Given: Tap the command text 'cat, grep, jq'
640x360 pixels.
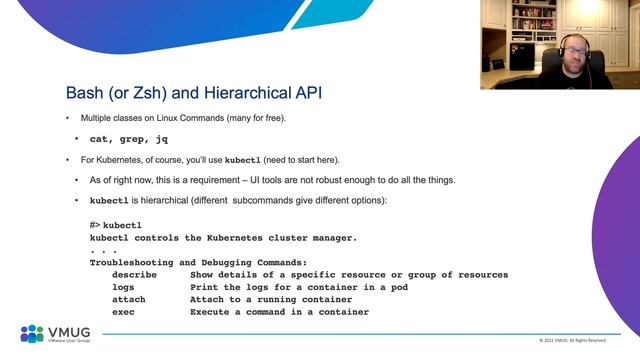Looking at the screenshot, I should coord(128,139).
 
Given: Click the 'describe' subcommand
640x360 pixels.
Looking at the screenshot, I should coord(135,274).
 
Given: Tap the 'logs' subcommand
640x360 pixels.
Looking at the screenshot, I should coord(123,287).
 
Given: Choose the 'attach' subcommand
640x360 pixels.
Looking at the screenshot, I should coord(129,299).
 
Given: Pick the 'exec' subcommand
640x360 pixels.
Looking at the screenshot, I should coord(123,312).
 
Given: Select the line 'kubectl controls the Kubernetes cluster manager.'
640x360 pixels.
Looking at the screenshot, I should coord(223,238).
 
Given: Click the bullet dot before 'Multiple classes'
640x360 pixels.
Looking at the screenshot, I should coord(68,119).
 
